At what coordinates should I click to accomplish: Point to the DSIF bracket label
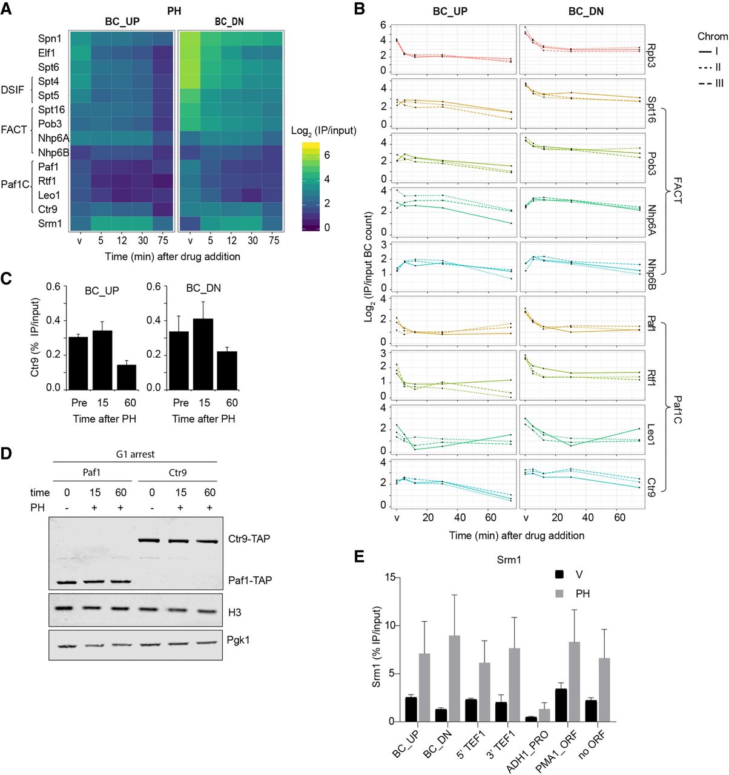[13, 90]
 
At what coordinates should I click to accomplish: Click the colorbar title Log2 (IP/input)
[324, 131]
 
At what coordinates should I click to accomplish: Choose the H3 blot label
[236, 613]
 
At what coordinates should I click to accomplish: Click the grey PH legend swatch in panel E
[560, 593]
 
